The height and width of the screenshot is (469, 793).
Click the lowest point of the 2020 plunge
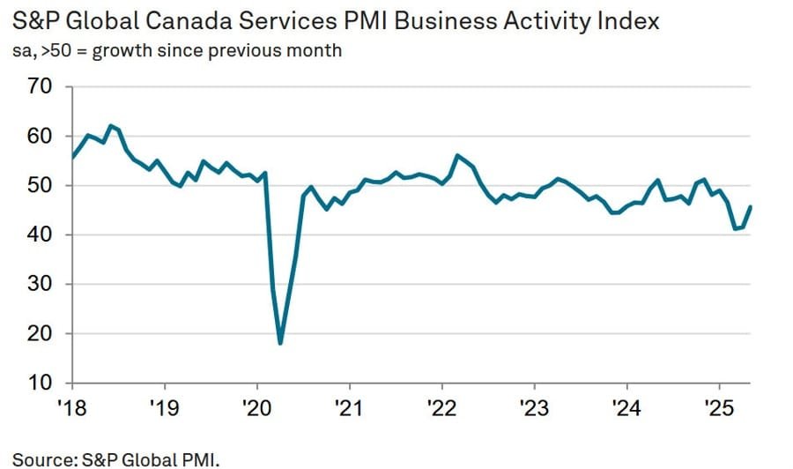coord(280,343)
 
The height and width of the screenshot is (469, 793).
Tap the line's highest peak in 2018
coord(110,125)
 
